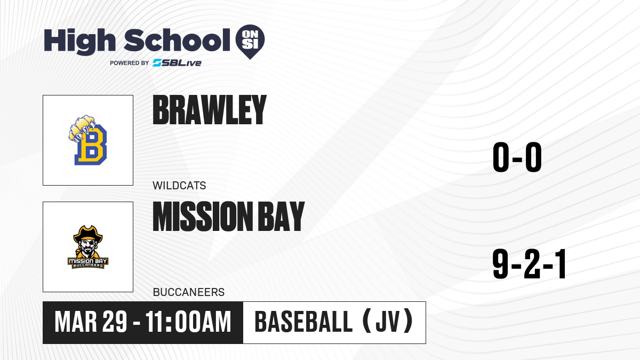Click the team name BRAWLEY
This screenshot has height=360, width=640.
210,110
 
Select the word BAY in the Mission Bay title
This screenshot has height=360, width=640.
281,217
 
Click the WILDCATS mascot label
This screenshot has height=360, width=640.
179,186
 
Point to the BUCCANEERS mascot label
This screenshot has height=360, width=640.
189,292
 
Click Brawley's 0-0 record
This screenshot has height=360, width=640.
517,157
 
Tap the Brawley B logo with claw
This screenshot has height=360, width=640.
87,140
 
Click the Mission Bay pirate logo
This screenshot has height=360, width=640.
87,247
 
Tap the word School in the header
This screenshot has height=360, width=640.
177,41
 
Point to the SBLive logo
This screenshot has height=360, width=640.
177,63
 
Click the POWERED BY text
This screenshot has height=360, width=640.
130,63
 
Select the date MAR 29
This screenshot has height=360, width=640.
91,322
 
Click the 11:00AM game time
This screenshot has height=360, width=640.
188,322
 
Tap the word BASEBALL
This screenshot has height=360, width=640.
303,322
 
